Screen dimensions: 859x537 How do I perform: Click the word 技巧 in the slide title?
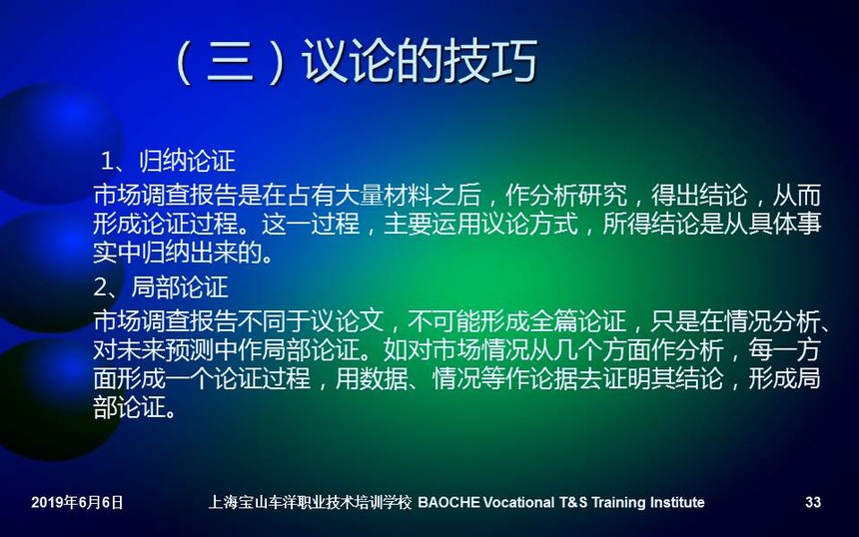click(x=491, y=60)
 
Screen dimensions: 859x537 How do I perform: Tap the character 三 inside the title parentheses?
click(x=230, y=61)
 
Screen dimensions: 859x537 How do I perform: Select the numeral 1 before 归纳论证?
click(x=108, y=161)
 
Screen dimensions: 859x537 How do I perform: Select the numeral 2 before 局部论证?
click(x=101, y=286)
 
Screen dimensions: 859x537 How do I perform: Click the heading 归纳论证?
click(x=187, y=161)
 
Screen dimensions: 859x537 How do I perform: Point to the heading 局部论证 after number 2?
click(x=180, y=286)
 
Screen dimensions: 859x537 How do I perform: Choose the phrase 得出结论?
click(x=699, y=195)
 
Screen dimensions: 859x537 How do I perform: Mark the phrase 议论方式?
click(x=529, y=224)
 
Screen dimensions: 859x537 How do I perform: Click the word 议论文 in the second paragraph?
click(x=347, y=320)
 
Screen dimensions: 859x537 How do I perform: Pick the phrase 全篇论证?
click(x=578, y=320)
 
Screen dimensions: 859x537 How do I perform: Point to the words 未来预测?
click(x=165, y=349)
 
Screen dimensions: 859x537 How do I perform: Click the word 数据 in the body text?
click(x=383, y=377)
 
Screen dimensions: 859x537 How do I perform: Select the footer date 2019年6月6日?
click(x=77, y=502)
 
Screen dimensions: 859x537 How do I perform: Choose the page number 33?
click(x=813, y=502)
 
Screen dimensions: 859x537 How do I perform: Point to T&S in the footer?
click(x=573, y=502)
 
